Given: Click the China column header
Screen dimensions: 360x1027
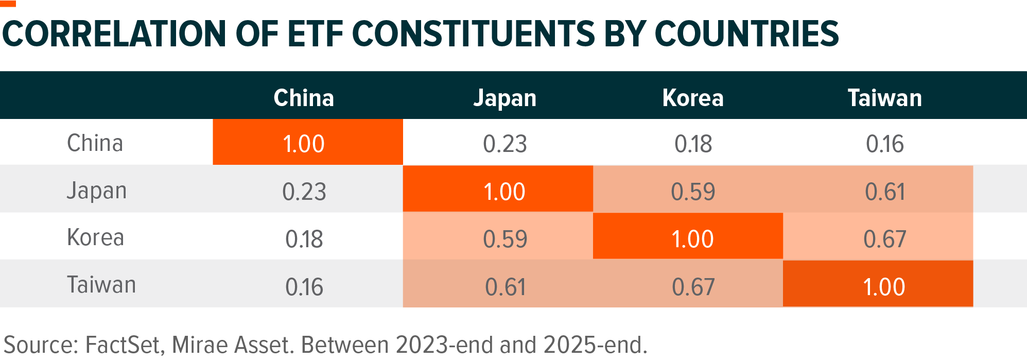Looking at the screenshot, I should (304, 98).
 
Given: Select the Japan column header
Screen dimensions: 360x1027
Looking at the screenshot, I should (504, 98).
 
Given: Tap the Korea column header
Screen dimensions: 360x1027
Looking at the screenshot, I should (693, 98).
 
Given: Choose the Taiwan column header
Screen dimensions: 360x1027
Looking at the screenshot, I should (884, 98).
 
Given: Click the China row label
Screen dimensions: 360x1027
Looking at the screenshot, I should (95, 143).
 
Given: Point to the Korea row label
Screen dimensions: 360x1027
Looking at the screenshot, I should (95, 238).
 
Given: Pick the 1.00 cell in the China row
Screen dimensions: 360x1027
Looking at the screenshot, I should (304, 144).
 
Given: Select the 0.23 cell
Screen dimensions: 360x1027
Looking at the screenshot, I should (504, 144).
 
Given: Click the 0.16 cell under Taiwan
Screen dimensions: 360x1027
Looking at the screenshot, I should (884, 144).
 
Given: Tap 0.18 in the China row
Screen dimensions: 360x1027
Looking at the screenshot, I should (693, 144).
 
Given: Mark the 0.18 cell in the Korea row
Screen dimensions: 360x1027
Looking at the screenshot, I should (304, 239).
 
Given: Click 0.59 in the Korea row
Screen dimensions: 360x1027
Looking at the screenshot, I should (504, 239).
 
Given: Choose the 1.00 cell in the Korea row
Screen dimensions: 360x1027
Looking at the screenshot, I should (693, 239).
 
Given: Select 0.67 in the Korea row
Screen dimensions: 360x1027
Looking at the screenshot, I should (884, 239).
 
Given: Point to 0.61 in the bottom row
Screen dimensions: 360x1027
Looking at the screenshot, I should (504, 287).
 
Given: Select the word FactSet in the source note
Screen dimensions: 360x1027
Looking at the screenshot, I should (124, 345).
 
